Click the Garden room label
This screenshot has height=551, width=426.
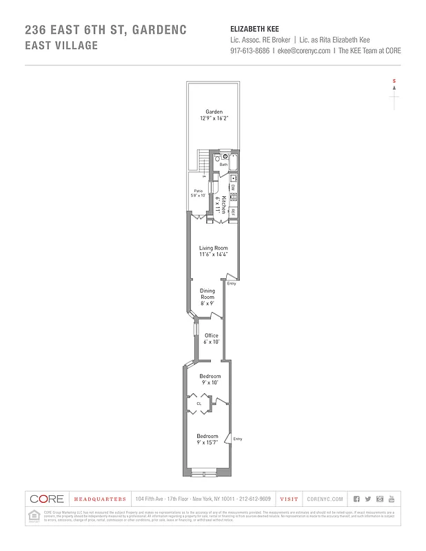(214, 112)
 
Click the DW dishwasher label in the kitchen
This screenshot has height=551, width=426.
(234, 187)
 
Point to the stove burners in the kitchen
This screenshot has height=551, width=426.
(234, 197)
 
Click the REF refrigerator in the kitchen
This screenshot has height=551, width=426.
(234, 211)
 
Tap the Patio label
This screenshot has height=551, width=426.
(198, 191)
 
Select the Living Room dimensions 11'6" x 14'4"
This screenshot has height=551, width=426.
(214, 254)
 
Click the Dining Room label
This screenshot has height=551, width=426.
(207, 293)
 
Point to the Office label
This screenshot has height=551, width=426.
(211, 335)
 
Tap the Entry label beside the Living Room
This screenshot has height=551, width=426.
(231, 283)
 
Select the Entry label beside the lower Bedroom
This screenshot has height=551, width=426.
(238, 439)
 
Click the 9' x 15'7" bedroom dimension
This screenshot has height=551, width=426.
(207, 443)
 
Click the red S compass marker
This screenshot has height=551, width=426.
(394, 82)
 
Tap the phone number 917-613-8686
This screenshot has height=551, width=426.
(250, 51)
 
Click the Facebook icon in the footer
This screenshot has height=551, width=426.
(356, 499)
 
